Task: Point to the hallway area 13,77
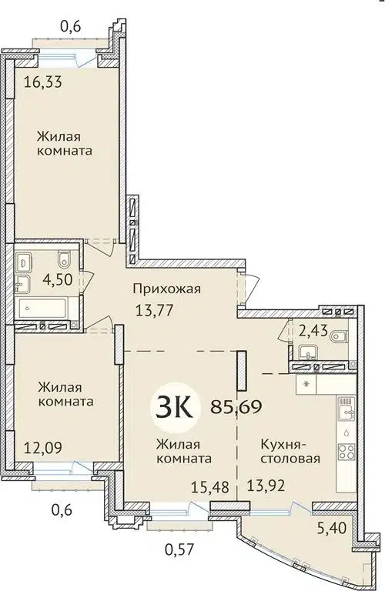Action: click(151, 313)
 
